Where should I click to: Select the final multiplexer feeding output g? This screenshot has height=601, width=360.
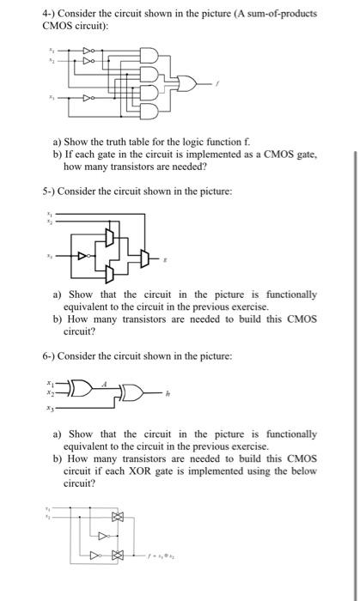tap(142, 256)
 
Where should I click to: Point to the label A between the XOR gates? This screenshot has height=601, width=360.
tap(104, 385)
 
